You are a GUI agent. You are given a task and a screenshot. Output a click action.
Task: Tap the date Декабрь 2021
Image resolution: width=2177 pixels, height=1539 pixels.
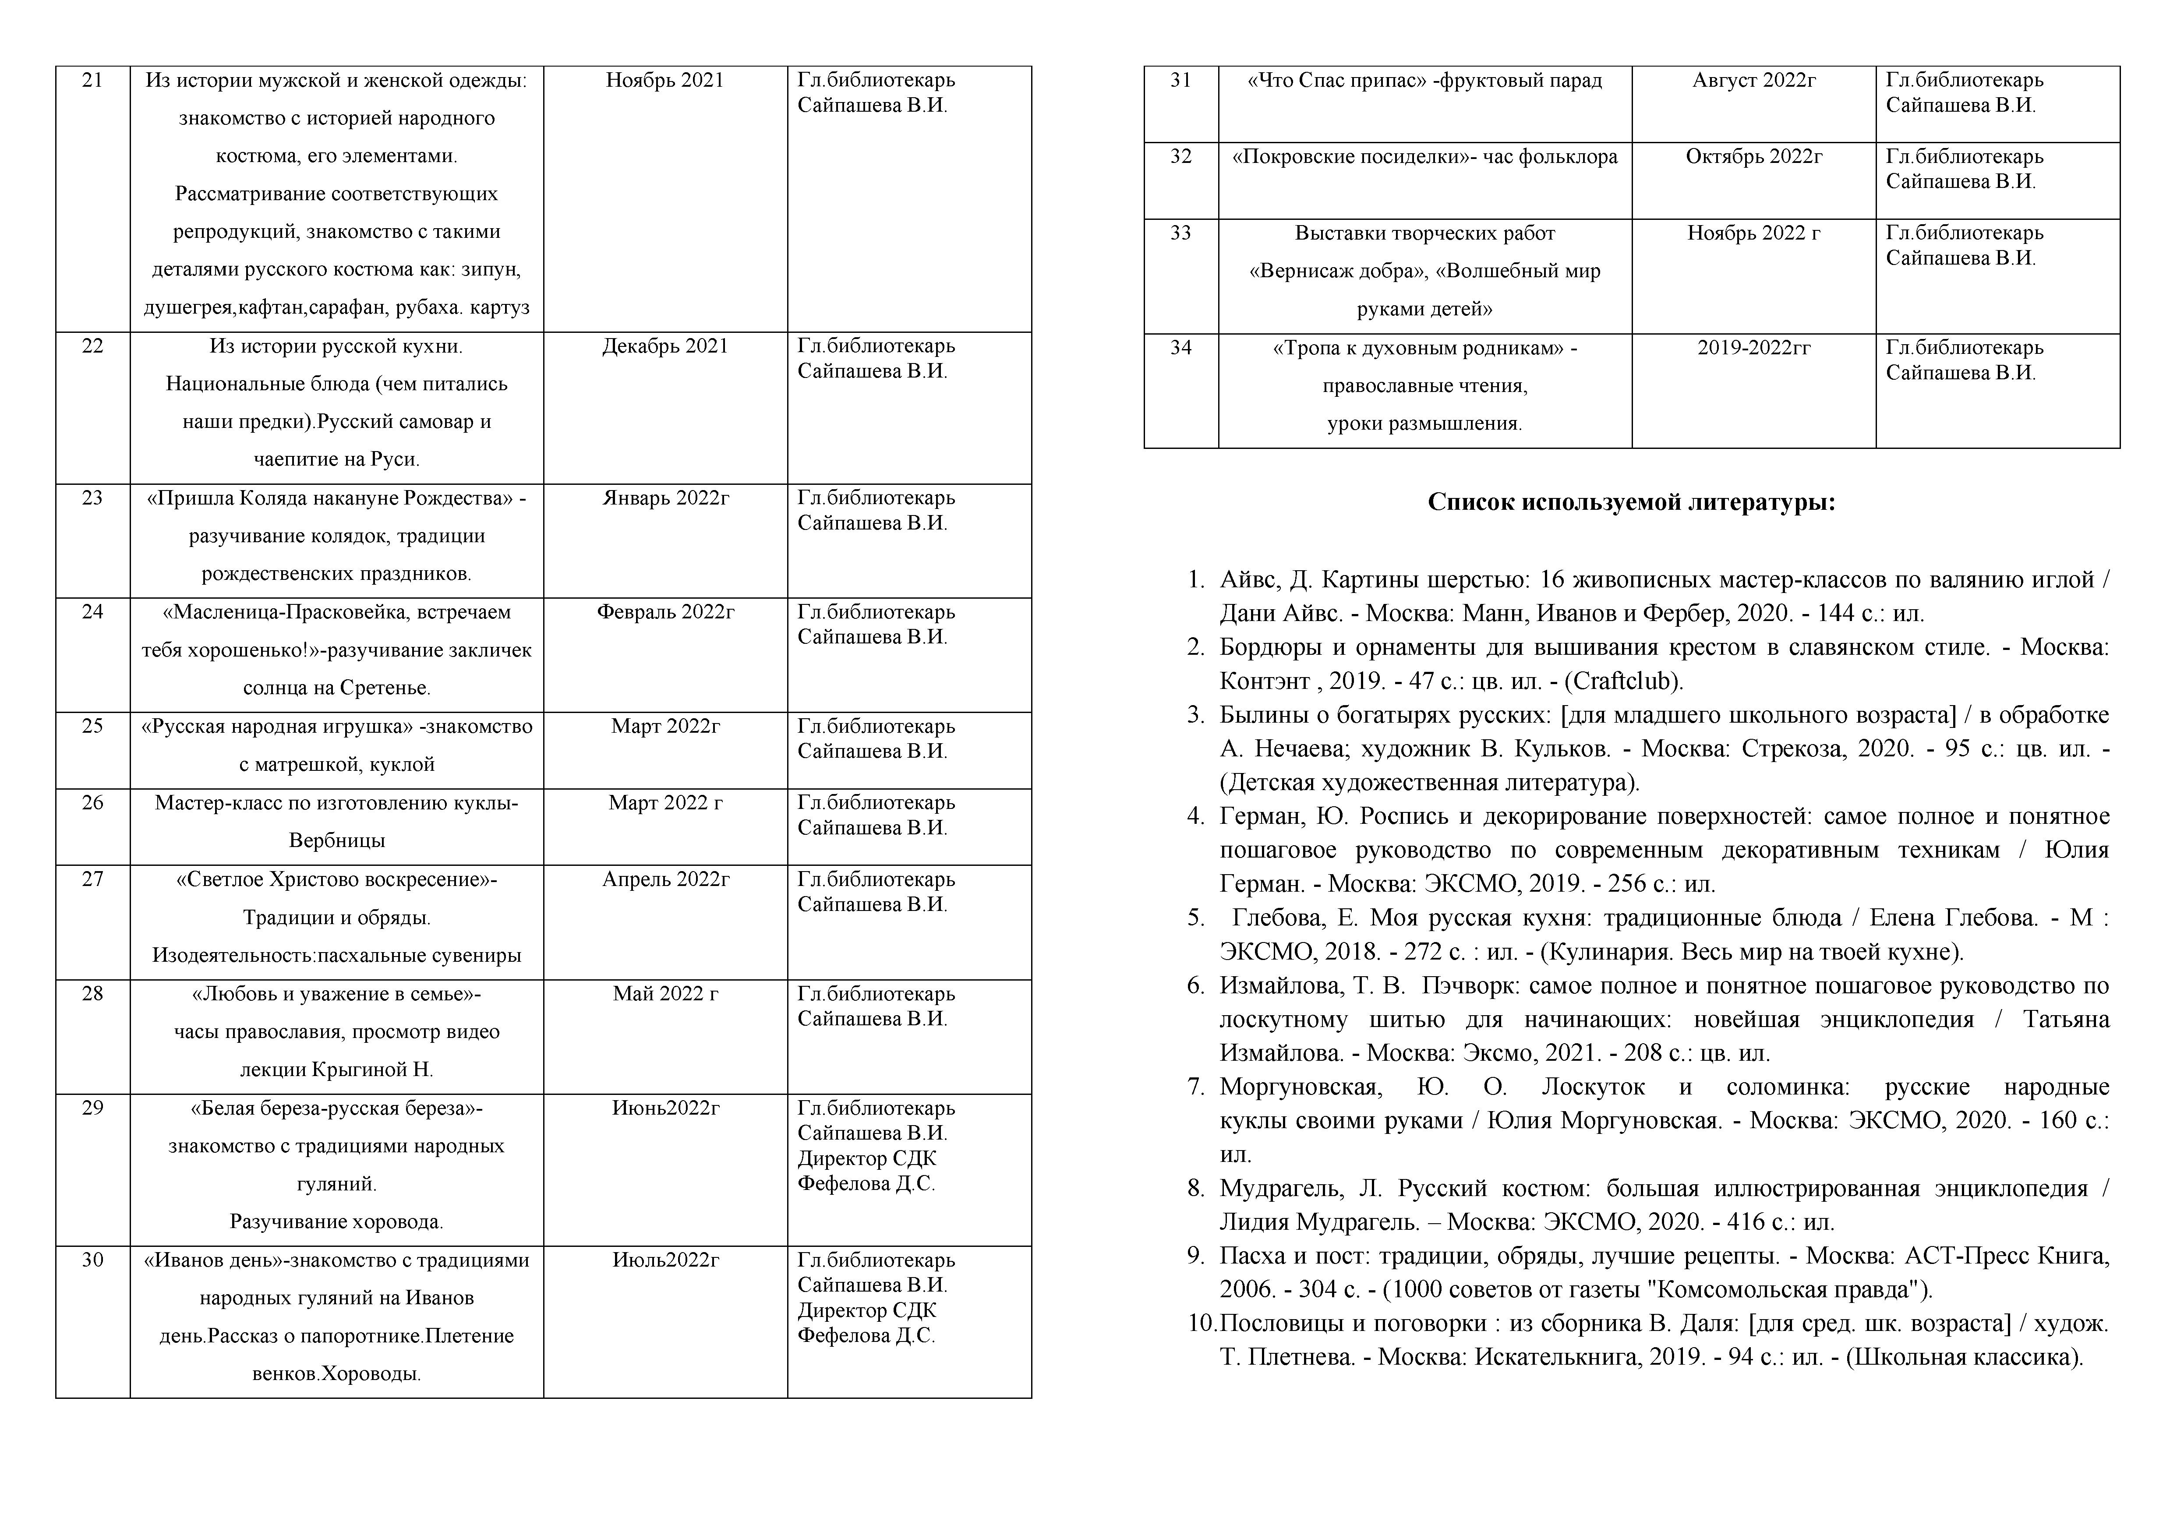(664, 346)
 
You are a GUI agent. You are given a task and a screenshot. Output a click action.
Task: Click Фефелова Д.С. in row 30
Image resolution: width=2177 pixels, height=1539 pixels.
(866, 1336)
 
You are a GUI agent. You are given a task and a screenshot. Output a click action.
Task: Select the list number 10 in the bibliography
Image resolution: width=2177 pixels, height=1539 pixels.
(1202, 1324)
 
